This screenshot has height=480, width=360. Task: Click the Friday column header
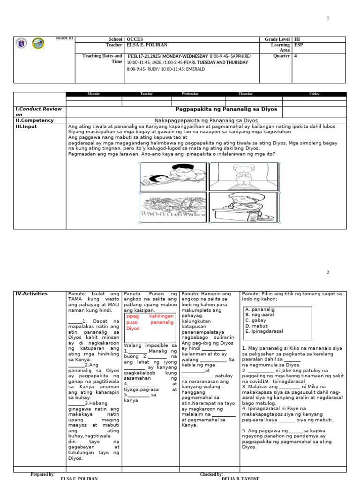pos(315,94)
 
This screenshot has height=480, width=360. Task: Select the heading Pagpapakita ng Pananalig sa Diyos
pos(226,109)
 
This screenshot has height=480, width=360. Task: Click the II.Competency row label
pos(35,120)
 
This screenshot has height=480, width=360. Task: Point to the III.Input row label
pos(27,127)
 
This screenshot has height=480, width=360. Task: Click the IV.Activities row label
pos(32,294)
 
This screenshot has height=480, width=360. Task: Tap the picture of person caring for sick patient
pos(173,176)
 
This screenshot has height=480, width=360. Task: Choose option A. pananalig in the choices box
pos(260,310)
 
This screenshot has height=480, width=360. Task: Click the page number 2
pos(328,272)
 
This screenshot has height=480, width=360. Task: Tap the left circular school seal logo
pos(22,44)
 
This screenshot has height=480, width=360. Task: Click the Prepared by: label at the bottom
pos(43,474)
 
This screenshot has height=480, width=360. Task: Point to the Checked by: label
pos(211,474)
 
